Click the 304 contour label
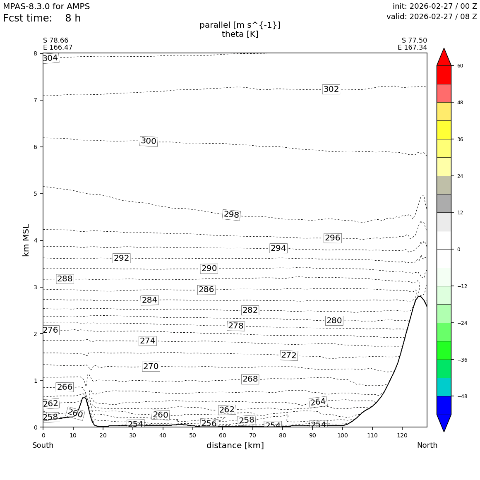pos(50,58)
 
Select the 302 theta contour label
pos(331,89)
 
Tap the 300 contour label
pos(149,141)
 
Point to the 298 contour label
pos(231,215)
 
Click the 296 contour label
pos(332,238)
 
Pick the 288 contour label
pos(65,279)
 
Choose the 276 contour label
pos(50,330)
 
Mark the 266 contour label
pos(65,387)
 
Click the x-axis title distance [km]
pos(235,446)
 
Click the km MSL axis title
pos(26,240)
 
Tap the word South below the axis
pos(43,446)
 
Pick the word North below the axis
pos(427,446)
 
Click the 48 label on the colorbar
pos(460,103)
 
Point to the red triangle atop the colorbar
pos(444,57)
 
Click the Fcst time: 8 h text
pos(42,19)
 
